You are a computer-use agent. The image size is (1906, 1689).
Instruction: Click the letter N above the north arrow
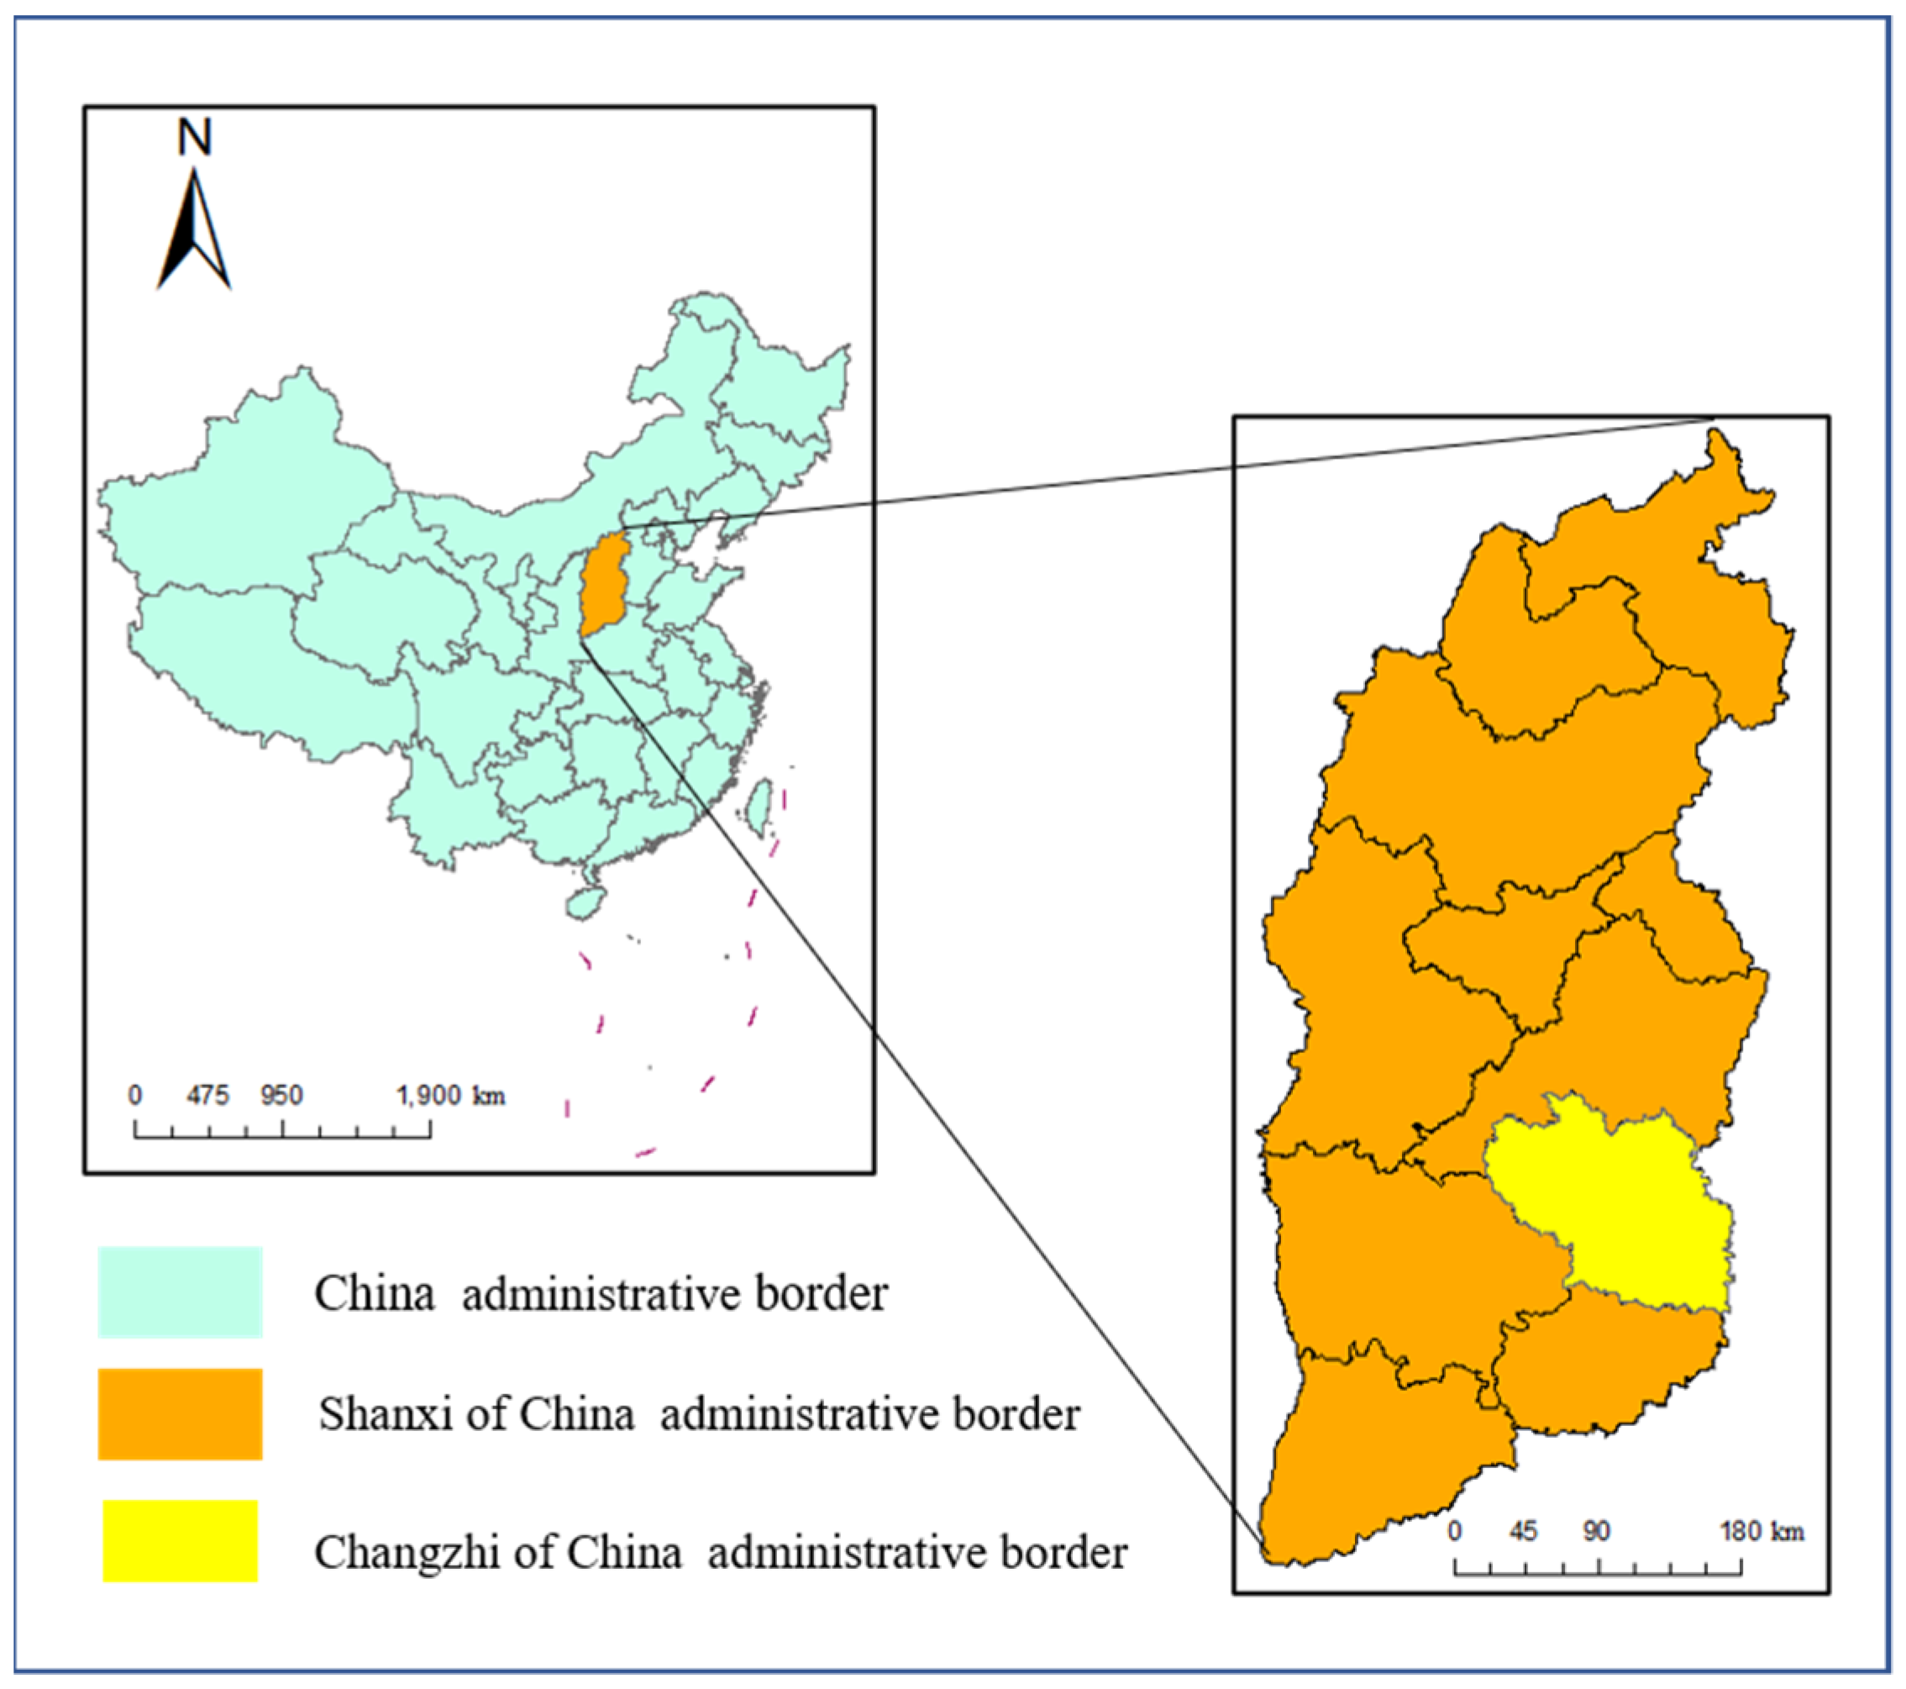(x=195, y=137)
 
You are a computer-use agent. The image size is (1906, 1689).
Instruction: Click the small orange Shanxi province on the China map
(x=603, y=584)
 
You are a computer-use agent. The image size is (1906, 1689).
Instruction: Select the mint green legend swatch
(x=180, y=1292)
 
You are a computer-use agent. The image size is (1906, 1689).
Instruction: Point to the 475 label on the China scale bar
(x=207, y=1095)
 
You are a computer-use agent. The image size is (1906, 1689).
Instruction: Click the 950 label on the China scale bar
(x=281, y=1095)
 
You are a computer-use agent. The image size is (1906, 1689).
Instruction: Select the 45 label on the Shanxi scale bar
(x=1523, y=1531)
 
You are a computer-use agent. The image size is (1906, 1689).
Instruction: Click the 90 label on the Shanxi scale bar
(x=1595, y=1531)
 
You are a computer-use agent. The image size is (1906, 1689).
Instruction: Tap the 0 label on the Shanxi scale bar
(x=1455, y=1531)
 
